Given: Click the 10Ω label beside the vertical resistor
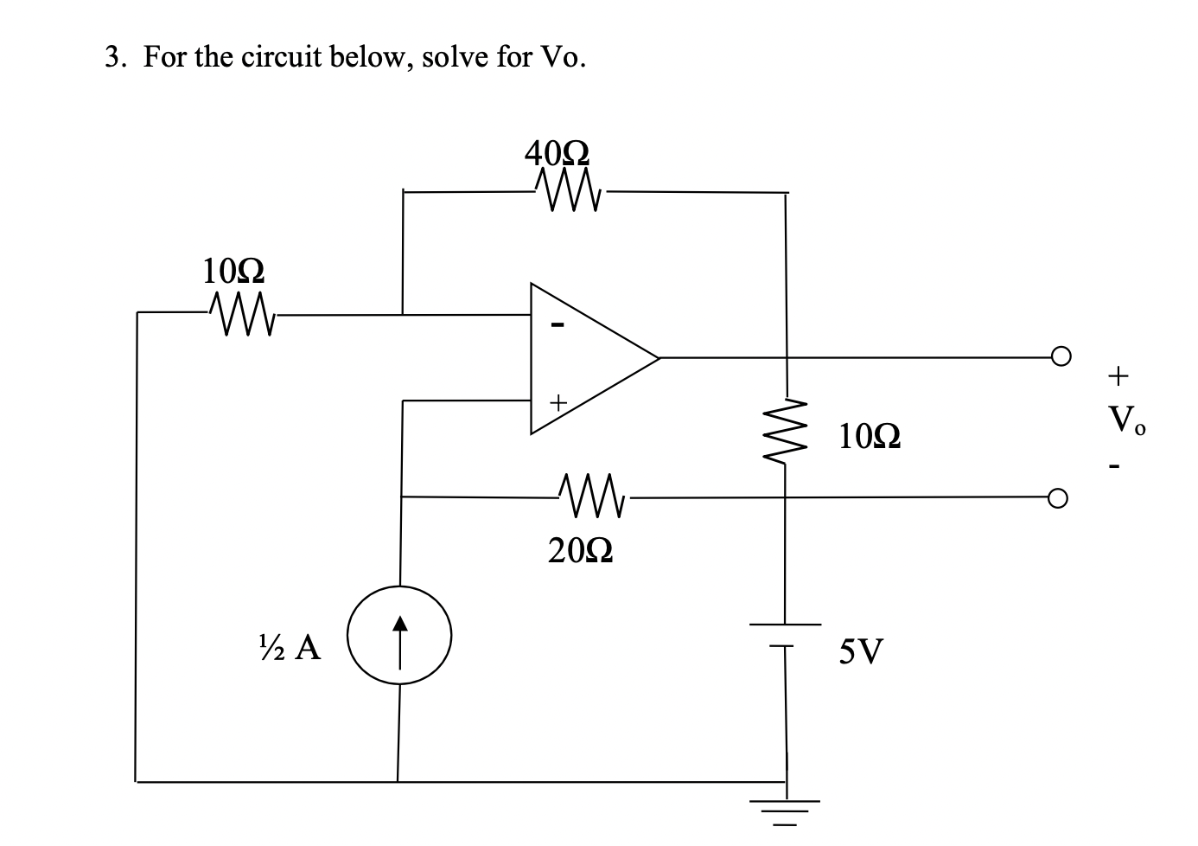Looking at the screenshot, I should pyautogui.click(x=870, y=438).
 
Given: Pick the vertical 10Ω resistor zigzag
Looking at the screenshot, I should pyautogui.click(x=785, y=432).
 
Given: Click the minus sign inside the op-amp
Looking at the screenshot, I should pyautogui.click(x=558, y=326).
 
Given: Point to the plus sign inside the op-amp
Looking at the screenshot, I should pyautogui.click(x=558, y=402).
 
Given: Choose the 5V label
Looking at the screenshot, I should pyautogui.click(x=861, y=651).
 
